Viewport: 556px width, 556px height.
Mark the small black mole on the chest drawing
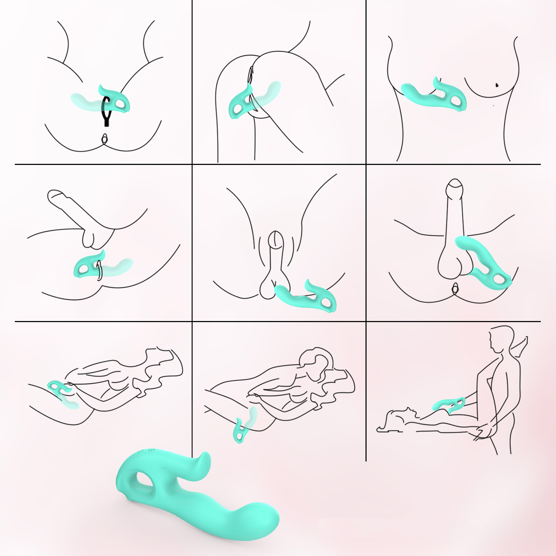click(x=497, y=85)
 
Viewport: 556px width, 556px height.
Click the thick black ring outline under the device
click(x=106, y=109)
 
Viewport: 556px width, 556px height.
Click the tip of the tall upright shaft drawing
click(x=454, y=185)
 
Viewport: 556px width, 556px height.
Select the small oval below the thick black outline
click(x=105, y=139)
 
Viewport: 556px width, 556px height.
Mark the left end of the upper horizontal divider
click(x=16, y=164)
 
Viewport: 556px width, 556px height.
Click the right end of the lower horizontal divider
click(x=540, y=321)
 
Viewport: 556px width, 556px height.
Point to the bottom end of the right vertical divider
click(x=366, y=460)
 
